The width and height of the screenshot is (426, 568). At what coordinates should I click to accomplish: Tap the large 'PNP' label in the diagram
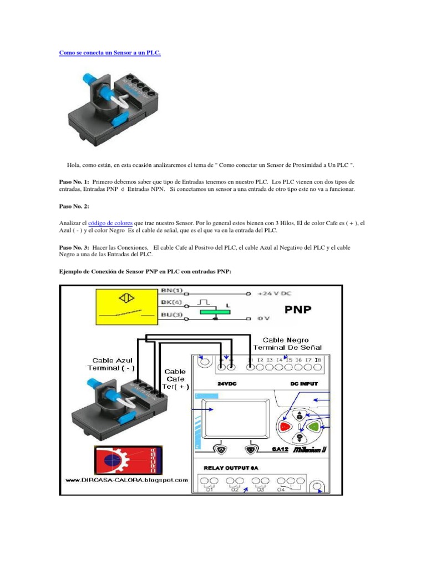298,308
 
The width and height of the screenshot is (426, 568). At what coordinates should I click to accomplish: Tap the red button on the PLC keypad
285,427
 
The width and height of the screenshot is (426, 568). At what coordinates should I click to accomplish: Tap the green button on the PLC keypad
314,427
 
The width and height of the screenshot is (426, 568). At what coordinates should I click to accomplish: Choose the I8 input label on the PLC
318,361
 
